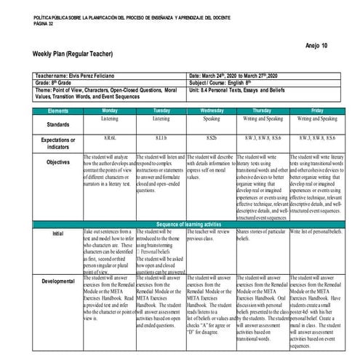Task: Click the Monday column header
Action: click(x=109, y=110)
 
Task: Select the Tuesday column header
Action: click(x=161, y=110)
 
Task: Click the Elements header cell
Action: click(x=57, y=110)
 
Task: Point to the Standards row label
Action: click(x=57, y=124)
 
